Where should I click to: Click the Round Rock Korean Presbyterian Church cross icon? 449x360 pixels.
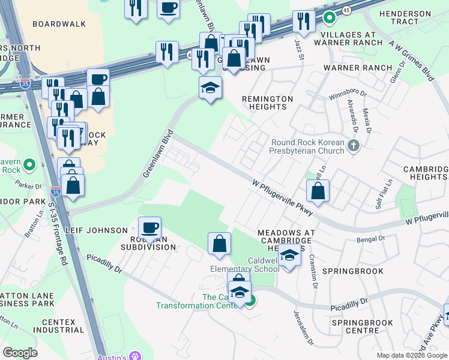tap(354, 145)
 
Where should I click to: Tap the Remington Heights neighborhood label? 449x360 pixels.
tap(267, 103)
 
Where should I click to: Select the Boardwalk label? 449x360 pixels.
tap(55, 24)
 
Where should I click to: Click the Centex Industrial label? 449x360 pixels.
tap(59, 326)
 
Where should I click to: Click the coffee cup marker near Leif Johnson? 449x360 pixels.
tap(149, 228)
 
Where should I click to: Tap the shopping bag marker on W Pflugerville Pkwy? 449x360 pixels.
tap(318, 191)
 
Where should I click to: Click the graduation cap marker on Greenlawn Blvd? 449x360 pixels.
tap(210, 88)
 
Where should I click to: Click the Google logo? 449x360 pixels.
tap(20, 353)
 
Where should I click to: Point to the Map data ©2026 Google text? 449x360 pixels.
tap(411, 355)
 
